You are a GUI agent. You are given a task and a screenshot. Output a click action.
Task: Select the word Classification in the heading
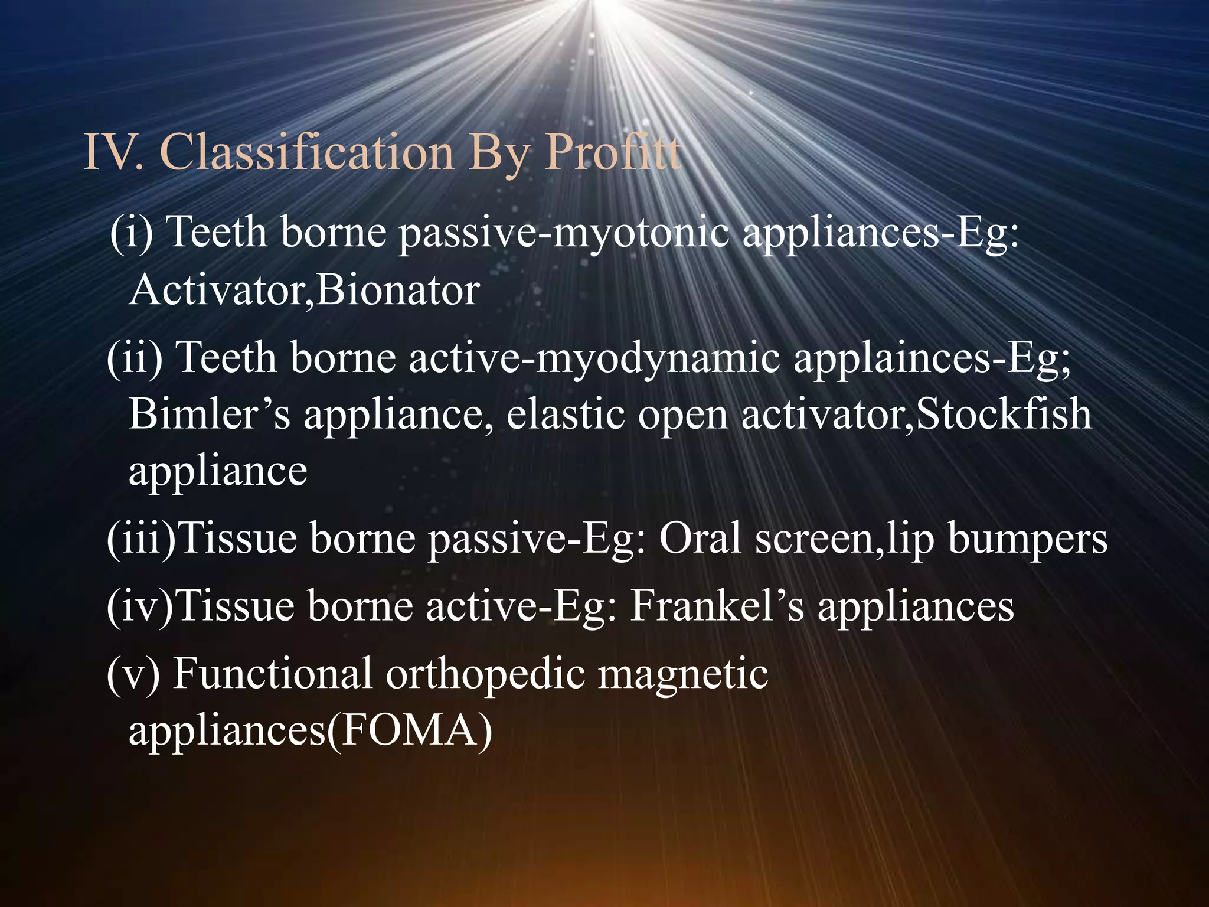coord(307,152)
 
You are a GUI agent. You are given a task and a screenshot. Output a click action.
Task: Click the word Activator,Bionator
coord(304,291)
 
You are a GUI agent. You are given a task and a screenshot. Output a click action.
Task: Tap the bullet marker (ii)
coord(135,358)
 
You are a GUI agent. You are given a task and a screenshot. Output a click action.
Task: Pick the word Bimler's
coord(210,414)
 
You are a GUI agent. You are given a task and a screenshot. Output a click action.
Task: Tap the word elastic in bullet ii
coord(565,414)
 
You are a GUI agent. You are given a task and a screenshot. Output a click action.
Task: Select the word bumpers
coord(1027,540)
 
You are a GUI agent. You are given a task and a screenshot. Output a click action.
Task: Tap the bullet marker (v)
coord(133,673)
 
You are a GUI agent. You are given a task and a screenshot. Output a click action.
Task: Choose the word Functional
coord(272,673)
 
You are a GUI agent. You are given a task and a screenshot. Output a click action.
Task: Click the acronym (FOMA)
coord(410,731)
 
